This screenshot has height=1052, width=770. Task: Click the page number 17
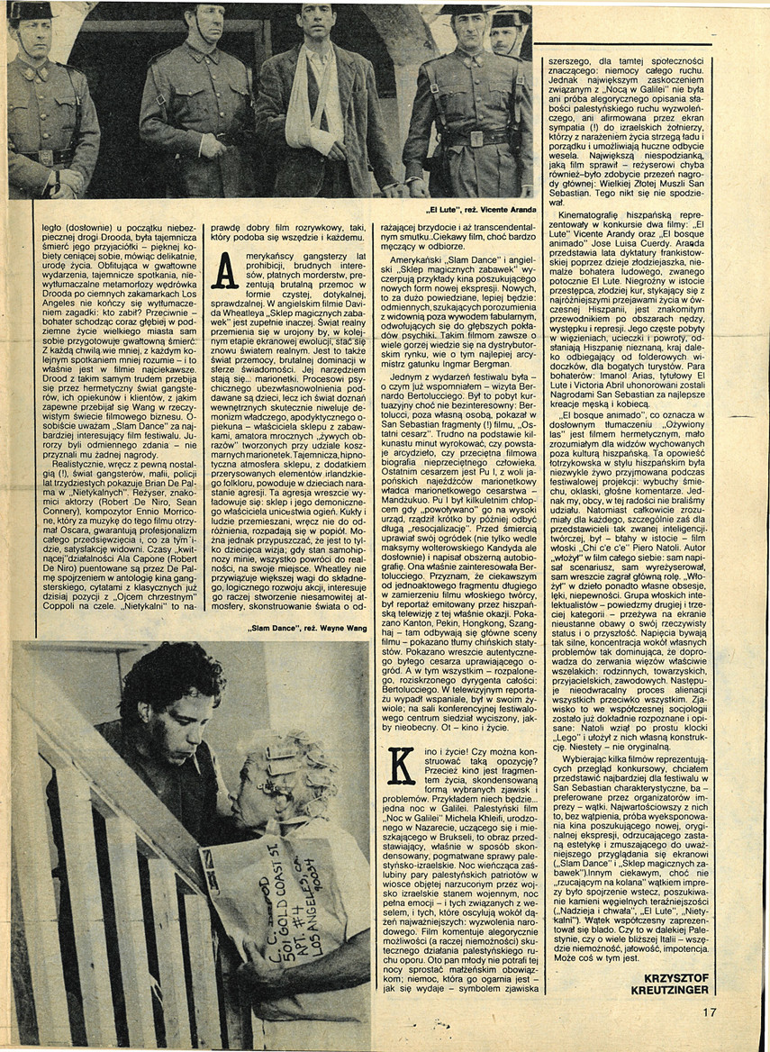[710, 1011]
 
